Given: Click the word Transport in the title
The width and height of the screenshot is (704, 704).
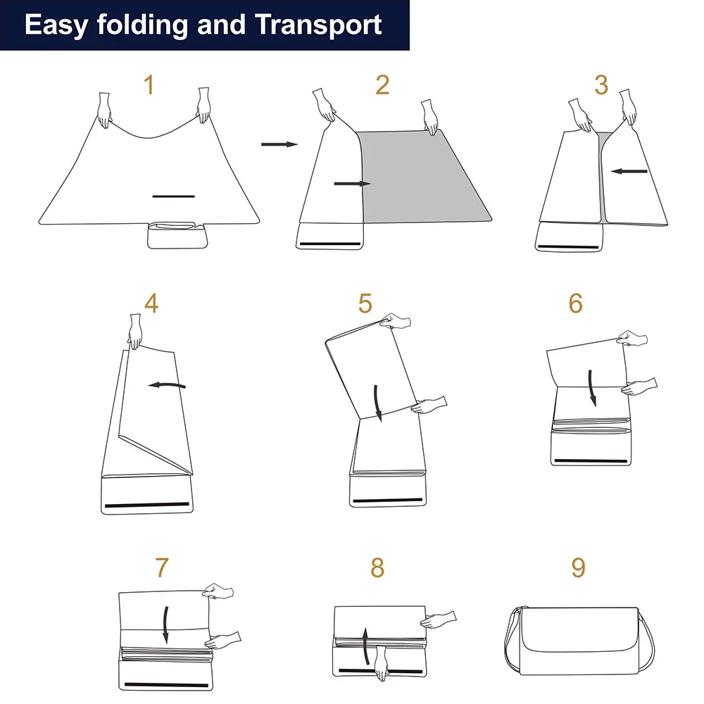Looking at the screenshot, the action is point(318,25).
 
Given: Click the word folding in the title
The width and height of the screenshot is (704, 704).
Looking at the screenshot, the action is point(143,25).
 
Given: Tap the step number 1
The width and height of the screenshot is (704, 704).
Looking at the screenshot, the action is point(149,85).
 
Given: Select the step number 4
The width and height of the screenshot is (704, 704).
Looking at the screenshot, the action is point(152,303).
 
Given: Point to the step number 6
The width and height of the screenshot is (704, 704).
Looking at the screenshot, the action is point(576,303).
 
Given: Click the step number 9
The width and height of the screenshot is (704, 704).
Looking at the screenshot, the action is point(579,567).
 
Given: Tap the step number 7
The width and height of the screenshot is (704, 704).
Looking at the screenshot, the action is point(162,567).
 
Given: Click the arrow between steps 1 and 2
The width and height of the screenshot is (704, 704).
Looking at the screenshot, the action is point(279,144).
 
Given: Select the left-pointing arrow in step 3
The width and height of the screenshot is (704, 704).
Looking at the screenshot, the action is point(629,171).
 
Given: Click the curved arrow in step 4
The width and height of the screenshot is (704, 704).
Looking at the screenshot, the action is point(167,385).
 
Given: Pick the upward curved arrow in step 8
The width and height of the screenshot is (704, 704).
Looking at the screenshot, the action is point(366,646).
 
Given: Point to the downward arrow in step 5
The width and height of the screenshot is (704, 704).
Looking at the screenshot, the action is point(378,403).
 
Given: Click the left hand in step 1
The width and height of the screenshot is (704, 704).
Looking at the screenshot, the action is point(105,110).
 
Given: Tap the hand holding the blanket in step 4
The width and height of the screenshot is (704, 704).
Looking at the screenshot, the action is point(135,332).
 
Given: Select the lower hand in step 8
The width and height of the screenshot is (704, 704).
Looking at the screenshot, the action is point(381,663).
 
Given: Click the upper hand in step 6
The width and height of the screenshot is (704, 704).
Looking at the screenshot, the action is point(633,338).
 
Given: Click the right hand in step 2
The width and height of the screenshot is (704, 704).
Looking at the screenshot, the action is point(429,117).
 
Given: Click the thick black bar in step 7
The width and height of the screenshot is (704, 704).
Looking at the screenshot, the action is point(166,685).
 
